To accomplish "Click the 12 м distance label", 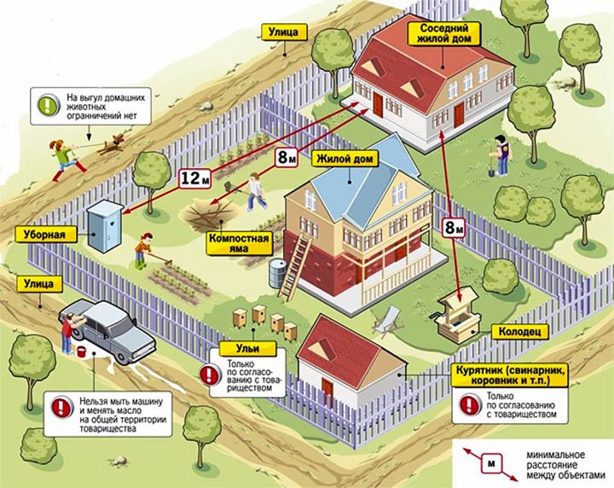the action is [x=195, y=178].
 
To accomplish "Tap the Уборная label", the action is [x=45, y=235].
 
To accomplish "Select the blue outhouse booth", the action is [x=104, y=225].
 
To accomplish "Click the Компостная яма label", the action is [x=240, y=243].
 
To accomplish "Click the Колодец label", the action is [x=520, y=332].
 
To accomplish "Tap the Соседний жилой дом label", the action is [x=443, y=33].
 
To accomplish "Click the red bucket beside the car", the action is [x=82, y=351].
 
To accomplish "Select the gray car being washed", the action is [x=108, y=331].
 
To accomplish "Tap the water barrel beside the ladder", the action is [x=277, y=273].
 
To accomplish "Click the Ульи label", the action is [x=247, y=349].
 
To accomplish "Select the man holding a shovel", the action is [x=499, y=155].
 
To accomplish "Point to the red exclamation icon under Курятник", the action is [x=470, y=404].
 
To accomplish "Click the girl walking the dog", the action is [x=65, y=160].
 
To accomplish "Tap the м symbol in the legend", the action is [x=491, y=464].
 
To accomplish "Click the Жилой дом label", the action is [x=345, y=160].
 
